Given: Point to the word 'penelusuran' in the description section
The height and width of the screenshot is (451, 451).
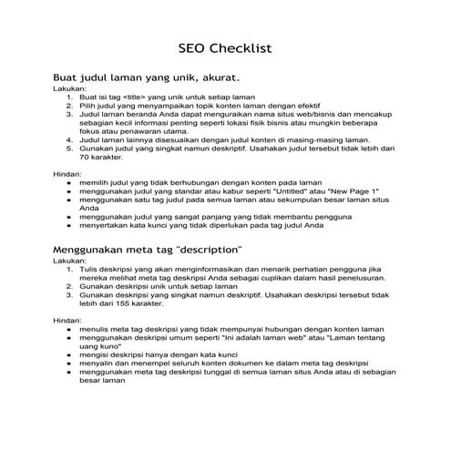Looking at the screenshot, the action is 372,278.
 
